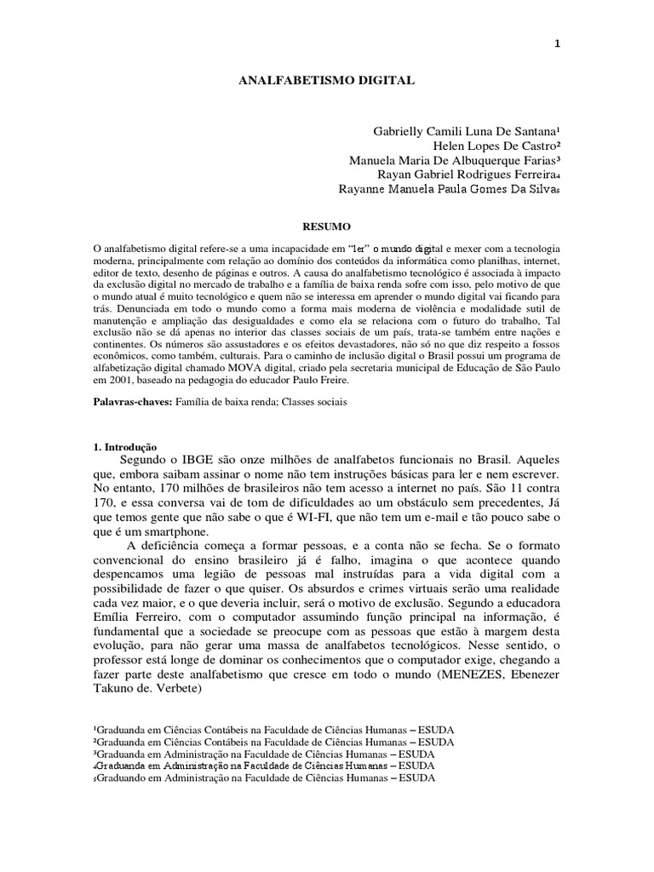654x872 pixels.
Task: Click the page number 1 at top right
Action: pos(557,45)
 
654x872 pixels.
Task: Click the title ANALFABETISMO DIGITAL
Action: pos(325,81)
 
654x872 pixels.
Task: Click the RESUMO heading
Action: pos(327,227)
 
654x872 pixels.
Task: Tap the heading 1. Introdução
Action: pos(123,445)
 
